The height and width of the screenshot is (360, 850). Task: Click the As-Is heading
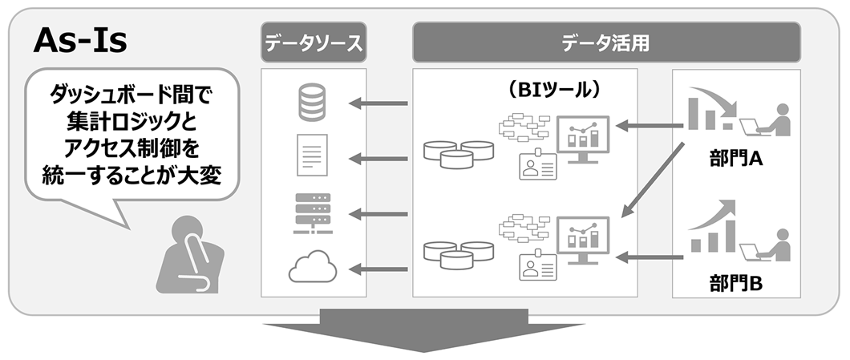[80, 42]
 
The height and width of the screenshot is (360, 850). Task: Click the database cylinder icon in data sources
[313, 103]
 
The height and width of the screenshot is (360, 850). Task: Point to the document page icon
[313, 156]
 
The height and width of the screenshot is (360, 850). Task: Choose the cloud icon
[313, 267]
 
